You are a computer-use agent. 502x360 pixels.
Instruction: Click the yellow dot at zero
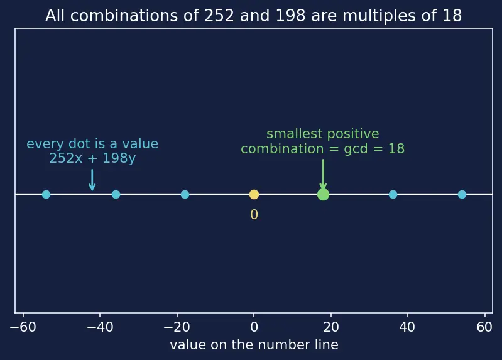coord(254,194)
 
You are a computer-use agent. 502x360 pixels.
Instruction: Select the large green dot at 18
coord(323,194)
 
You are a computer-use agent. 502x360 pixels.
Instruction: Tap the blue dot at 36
coord(393,194)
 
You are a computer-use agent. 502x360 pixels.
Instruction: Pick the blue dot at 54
coord(462,194)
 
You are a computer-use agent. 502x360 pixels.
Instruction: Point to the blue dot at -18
coord(185,194)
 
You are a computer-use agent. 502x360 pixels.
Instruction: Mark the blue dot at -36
coord(116,194)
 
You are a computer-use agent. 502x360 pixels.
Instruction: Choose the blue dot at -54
coord(46,194)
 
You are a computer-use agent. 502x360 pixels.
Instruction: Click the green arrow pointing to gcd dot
coord(323,175)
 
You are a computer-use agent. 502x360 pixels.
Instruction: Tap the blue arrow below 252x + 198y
coord(92,180)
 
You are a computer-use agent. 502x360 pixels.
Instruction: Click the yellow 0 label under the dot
coord(254,215)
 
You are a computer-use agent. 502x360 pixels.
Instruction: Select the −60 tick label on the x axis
coord(23,327)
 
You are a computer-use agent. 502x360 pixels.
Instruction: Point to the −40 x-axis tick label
coord(100,327)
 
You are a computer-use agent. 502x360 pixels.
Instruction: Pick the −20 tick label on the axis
coord(177,327)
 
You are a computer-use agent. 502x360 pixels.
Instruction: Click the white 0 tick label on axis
coord(254,327)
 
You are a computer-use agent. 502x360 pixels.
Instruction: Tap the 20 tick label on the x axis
coord(330,327)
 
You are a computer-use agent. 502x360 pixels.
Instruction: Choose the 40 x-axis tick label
coord(407,327)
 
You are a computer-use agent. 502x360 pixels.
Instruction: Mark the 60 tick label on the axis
coord(484,327)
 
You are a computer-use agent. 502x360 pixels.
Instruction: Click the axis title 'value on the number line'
coord(254,345)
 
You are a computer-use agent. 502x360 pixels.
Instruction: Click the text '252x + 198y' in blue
coord(92,158)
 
